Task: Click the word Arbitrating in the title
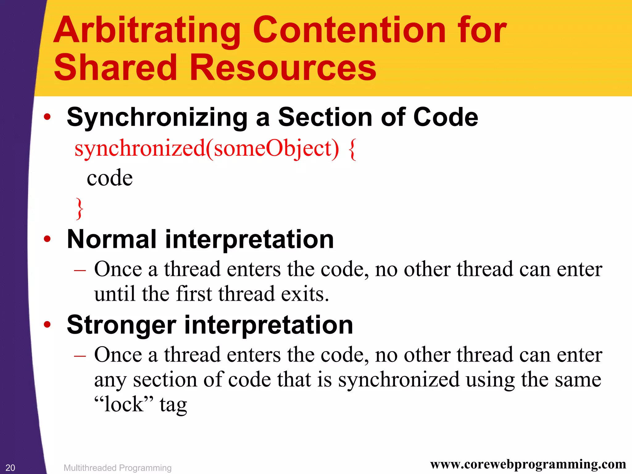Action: (x=147, y=31)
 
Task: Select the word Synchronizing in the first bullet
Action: (x=157, y=118)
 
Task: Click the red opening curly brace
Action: (x=352, y=149)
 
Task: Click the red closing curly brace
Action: (x=80, y=209)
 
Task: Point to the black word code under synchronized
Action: (x=110, y=178)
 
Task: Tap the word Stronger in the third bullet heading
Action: (x=121, y=325)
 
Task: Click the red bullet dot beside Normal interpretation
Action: (x=47, y=239)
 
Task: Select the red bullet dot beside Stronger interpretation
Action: (x=47, y=324)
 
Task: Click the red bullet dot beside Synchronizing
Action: (x=47, y=117)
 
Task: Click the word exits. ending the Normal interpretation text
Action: (x=305, y=294)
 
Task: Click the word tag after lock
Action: (x=173, y=405)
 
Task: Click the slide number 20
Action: (x=10, y=468)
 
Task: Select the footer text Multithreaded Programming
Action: (x=117, y=468)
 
